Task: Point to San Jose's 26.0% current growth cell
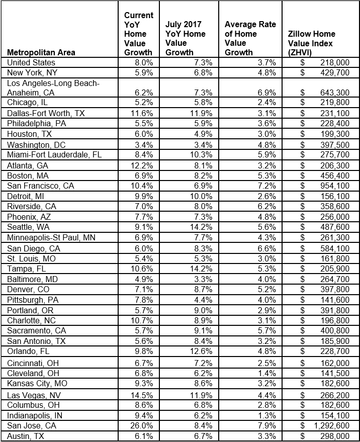coord(145,426)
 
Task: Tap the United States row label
coord(31,62)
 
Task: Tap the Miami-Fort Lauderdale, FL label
coord(54,155)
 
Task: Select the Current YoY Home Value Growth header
coord(139,34)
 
